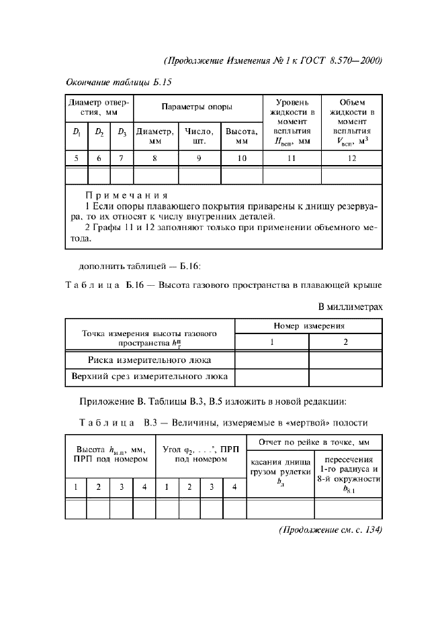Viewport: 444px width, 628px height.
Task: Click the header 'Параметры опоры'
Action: click(197, 107)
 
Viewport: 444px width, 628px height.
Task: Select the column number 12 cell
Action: click(352, 158)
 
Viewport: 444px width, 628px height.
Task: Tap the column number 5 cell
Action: click(77, 158)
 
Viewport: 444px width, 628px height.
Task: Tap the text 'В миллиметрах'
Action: click(350, 307)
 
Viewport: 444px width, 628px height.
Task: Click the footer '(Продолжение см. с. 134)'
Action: click(330, 529)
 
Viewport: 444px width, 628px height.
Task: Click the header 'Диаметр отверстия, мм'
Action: click(99, 107)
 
